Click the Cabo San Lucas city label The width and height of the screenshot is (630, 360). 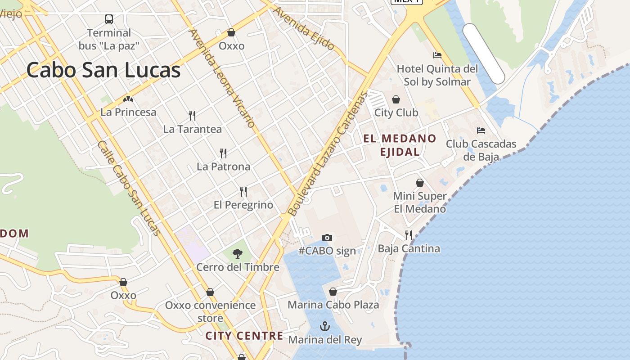click(x=103, y=70)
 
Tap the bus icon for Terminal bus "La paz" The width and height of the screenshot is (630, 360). click(x=109, y=19)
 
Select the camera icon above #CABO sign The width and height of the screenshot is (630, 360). click(x=327, y=238)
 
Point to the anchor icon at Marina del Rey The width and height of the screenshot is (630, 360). click(x=325, y=326)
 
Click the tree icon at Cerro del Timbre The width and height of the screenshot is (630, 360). click(x=238, y=254)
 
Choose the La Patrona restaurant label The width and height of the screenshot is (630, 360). click(x=223, y=166)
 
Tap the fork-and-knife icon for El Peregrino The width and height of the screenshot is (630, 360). click(x=243, y=192)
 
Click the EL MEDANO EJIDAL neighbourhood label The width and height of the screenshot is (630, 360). click(x=400, y=145)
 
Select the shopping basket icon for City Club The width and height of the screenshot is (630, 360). click(x=396, y=99)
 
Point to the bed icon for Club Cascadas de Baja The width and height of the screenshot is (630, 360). click(x=481, y=130)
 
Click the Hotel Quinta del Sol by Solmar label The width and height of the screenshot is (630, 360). click(x=437, y=75)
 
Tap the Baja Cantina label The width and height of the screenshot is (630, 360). click(x=409, y=248)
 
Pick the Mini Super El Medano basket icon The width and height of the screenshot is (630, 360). click(x=420, y=183)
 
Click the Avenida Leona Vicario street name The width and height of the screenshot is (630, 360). click(x=222, y=78)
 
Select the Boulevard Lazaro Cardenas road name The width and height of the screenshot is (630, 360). click(x=327, y=153)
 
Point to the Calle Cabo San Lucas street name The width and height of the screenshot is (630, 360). click(x=129, y=188)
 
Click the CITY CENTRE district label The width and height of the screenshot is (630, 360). click(x=244, y=336)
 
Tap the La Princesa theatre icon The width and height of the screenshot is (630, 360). click(x=128, y=99)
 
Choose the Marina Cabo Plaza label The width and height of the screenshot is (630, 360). click(x=333, y=305)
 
